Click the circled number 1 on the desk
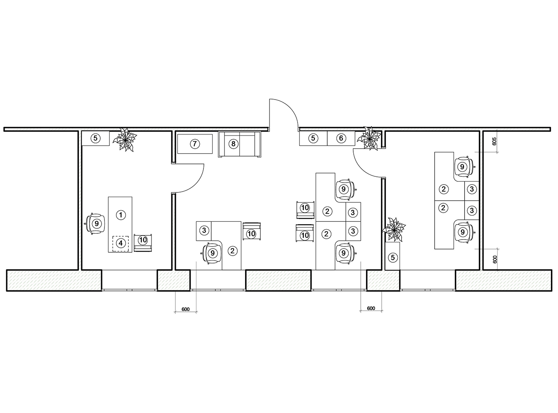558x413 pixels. coord(121,215)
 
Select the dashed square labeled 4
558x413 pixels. coord(121,243)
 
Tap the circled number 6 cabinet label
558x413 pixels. coord(341,138)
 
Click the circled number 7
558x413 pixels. coord(195,144)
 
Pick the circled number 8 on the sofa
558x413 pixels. coord(233,144)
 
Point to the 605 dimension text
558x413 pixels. coord(494,141)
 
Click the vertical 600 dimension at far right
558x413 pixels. coord(494,259)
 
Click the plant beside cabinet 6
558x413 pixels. coord(369,138)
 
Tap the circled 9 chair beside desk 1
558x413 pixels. coord(96,223)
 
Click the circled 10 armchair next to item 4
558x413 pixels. coord(143,242)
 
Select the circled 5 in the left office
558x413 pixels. coord(95,138)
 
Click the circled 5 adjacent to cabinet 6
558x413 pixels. coord(313,138)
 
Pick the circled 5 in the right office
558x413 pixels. coord(393,257)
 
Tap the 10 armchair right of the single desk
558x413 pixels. coord(252,231)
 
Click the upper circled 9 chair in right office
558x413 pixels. coord(462,167)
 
